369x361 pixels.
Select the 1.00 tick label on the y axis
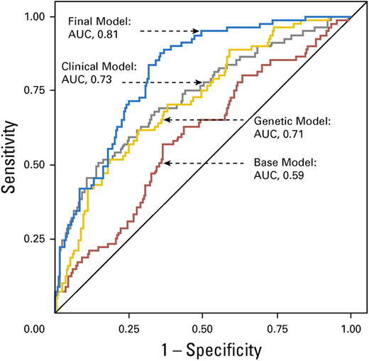coord(35,16)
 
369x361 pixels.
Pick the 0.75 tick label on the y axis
coord(35,90)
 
